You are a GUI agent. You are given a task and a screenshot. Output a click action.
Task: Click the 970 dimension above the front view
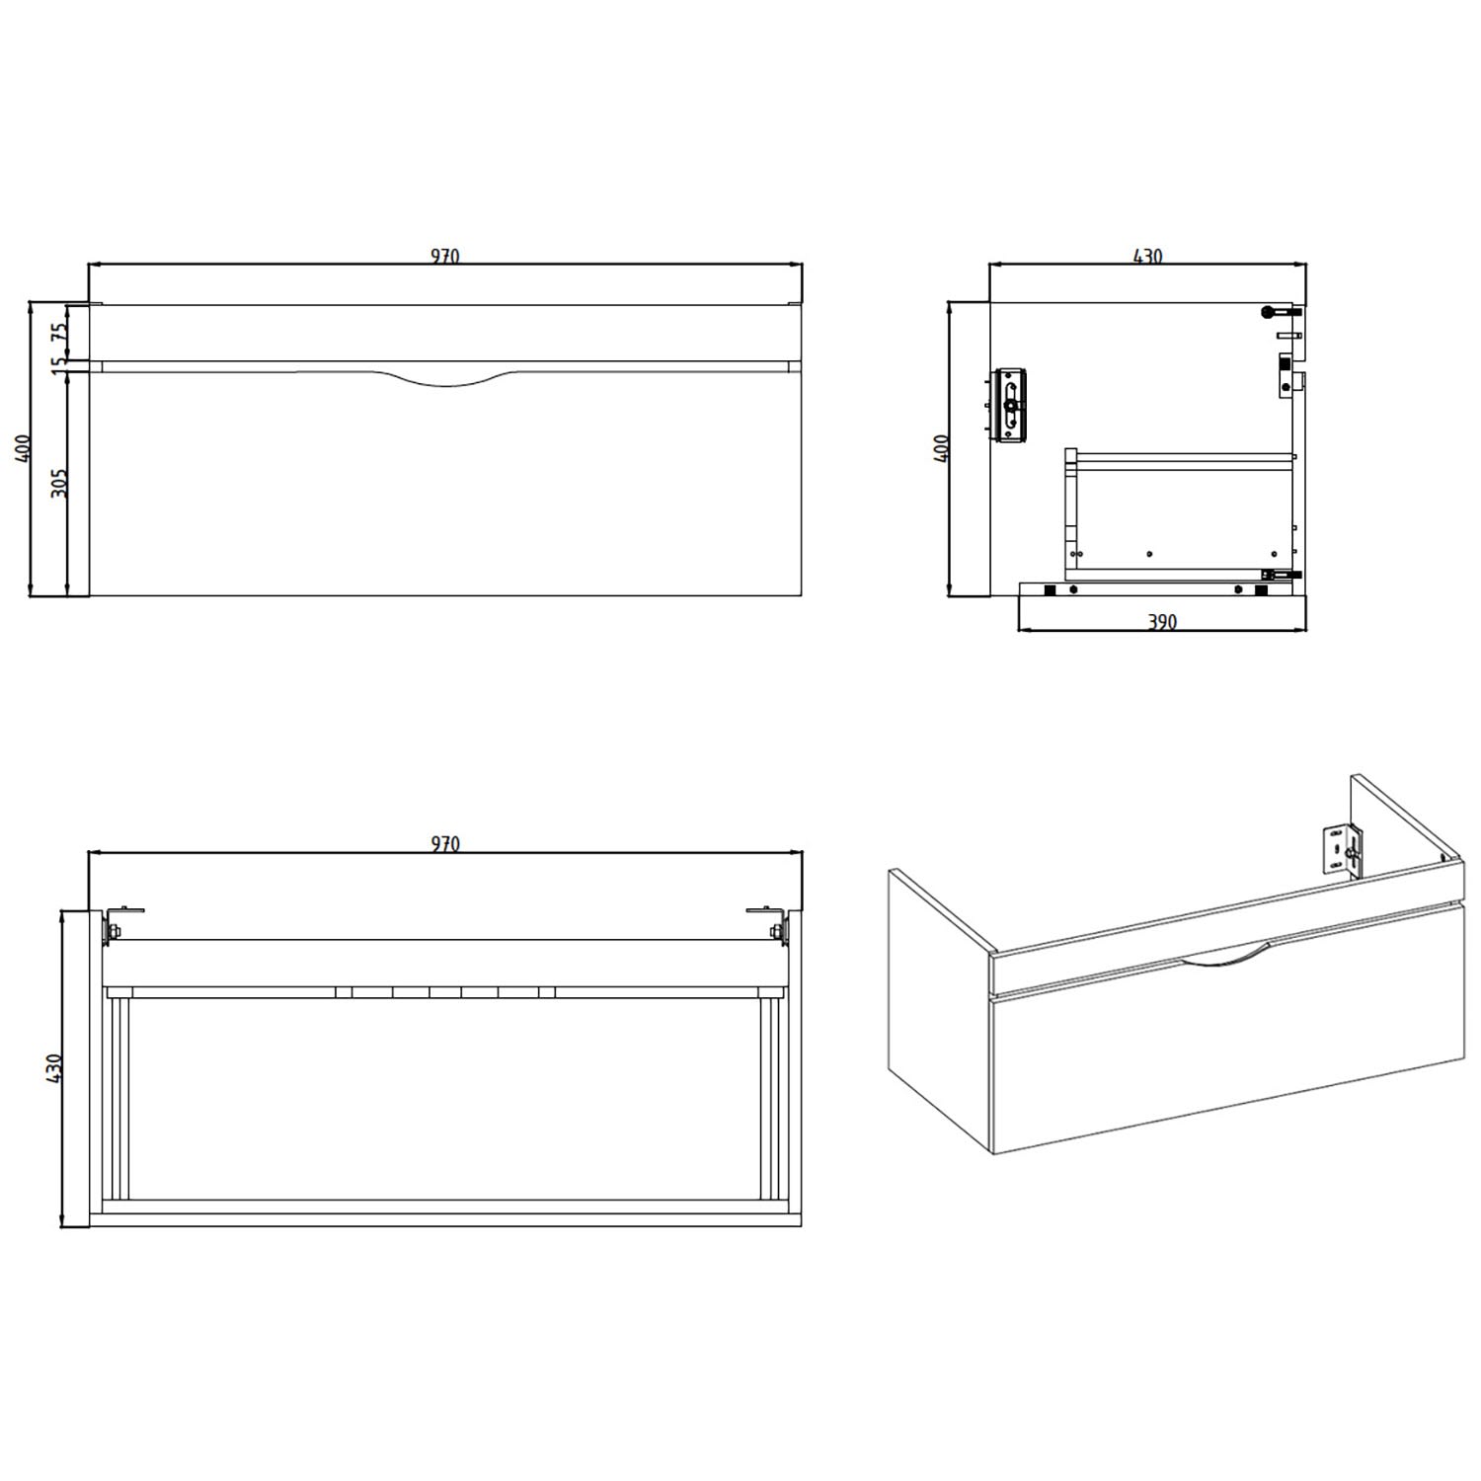click(445, 257)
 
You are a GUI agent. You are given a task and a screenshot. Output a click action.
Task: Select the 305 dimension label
click(59, 483)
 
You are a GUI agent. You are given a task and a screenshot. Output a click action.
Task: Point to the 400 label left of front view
click(24, 448)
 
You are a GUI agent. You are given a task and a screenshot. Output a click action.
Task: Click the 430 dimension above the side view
click(1147, 257)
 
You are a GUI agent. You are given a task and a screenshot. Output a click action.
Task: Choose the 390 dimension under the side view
click(1162, 622)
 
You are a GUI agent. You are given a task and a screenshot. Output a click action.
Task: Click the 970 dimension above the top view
click(445, 844)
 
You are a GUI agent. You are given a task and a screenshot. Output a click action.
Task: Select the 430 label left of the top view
click(54, 1068)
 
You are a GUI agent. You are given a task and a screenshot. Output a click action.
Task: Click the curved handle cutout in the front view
click(444, 380)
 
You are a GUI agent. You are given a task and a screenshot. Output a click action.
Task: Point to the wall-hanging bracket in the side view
click(1009, 405)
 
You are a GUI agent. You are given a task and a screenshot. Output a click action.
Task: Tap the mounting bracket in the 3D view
click(1340, 849)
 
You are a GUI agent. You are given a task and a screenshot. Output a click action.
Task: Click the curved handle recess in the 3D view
click(1222, 957)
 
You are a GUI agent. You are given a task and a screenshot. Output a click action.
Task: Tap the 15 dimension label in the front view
click(59, 363)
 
